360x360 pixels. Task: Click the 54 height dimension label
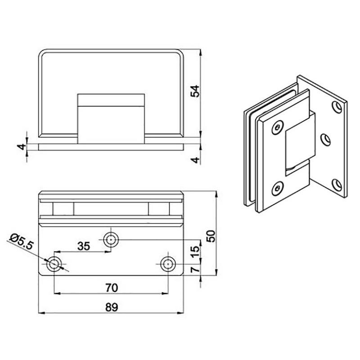point(195,91)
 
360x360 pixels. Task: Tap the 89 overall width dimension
point(112,307)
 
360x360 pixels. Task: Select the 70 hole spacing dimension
point(112,288)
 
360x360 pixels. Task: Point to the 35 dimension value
point(84,246)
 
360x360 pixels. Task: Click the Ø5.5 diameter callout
point(21,242)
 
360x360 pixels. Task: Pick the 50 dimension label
point(211,236)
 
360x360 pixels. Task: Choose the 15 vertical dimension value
point(195,252)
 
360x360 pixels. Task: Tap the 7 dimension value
point(195,269)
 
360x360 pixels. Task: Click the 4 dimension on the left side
point(22,147)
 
